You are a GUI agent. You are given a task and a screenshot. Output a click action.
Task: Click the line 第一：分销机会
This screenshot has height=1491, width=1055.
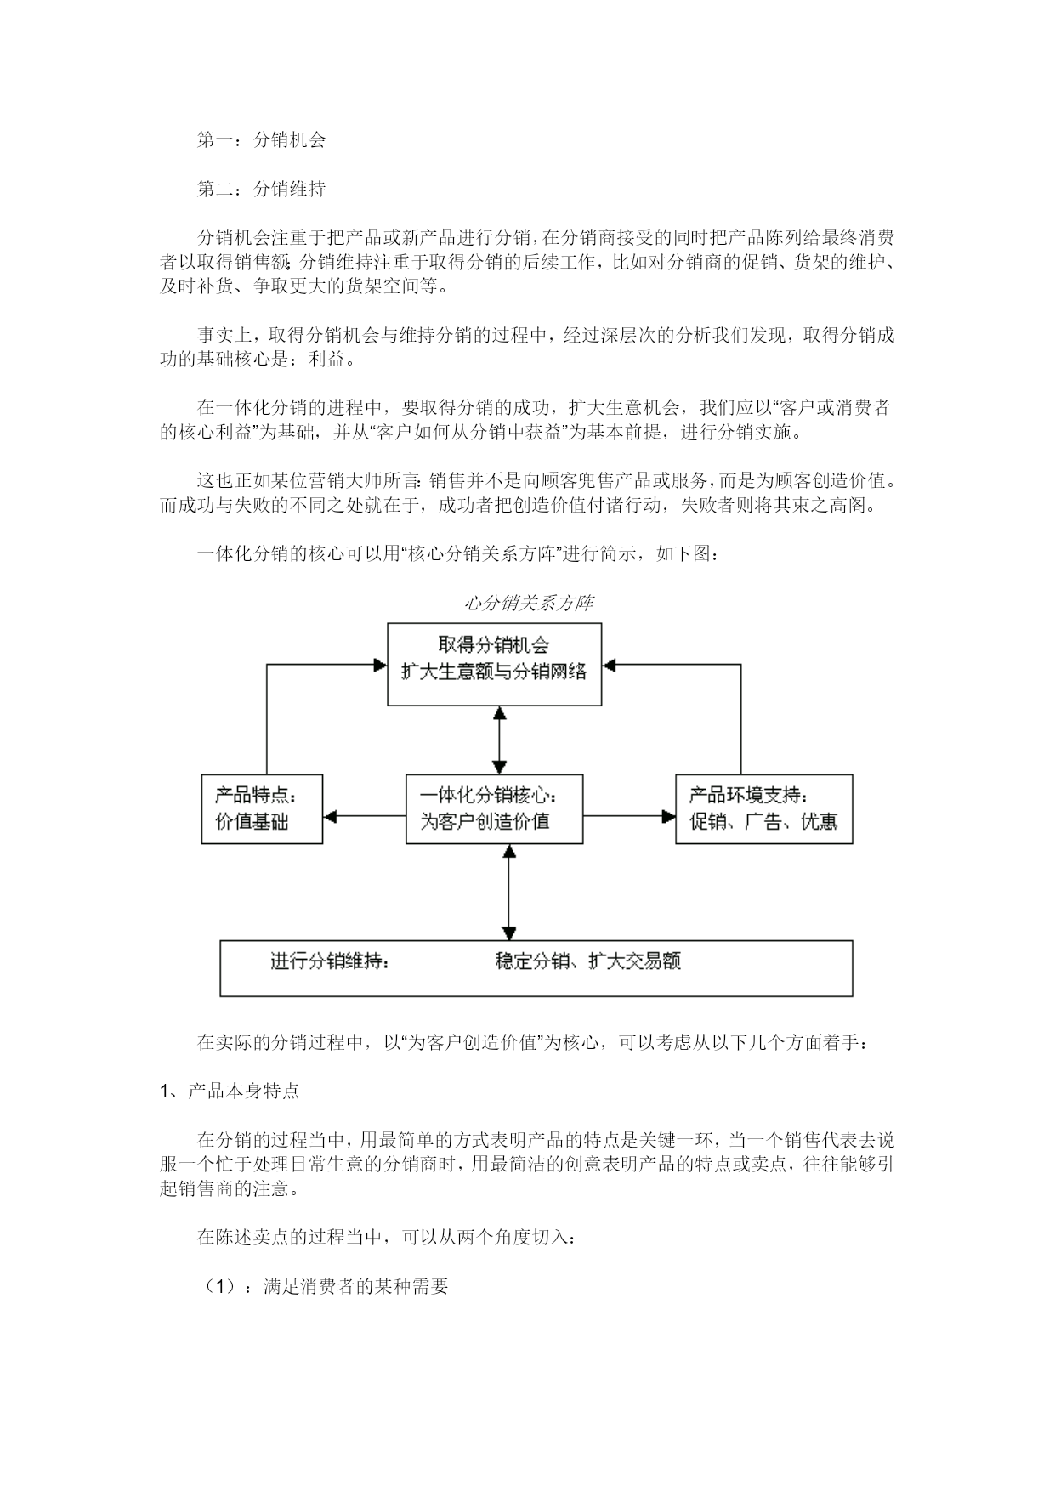[261, 140]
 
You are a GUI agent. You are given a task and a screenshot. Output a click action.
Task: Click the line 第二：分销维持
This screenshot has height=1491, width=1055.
[261, 189]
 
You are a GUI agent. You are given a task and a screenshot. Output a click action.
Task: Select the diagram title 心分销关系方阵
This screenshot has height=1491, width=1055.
[528, 604]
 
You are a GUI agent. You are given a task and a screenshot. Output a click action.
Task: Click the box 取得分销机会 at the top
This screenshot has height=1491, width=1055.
[494, 664]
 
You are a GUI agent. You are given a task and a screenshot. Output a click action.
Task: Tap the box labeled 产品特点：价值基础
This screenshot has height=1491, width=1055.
[262, 808]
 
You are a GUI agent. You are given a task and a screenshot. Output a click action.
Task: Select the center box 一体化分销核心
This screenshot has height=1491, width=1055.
[494, 808]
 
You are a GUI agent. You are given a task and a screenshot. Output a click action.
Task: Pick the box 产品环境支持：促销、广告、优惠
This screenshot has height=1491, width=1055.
[764, 808]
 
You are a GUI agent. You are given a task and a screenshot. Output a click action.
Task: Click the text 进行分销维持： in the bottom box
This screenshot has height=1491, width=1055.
[331, 961]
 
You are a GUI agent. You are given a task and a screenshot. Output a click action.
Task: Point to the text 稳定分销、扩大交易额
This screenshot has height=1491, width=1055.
[588, 961]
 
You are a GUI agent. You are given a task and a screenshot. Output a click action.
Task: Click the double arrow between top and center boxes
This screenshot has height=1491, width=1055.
[500, 740]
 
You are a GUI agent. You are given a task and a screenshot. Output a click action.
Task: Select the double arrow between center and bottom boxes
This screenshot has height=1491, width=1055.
[508, 892]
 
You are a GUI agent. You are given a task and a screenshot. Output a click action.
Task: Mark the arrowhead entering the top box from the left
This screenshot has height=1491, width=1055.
[381, 665]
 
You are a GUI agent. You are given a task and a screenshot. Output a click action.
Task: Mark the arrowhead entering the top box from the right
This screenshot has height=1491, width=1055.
[609, 665]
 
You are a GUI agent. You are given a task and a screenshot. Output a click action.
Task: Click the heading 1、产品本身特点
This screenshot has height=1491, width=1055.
[230, 1091]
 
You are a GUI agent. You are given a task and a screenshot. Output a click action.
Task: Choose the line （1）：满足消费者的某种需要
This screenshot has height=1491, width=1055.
[323, 1286]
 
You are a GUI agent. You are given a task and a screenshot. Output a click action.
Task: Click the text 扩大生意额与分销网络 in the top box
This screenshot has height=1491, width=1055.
[494, 672]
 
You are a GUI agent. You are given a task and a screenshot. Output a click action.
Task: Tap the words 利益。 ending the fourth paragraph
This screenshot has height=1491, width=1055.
[327, 360]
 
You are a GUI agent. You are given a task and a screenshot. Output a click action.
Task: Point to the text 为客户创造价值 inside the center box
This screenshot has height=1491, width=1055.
[485, 821]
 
